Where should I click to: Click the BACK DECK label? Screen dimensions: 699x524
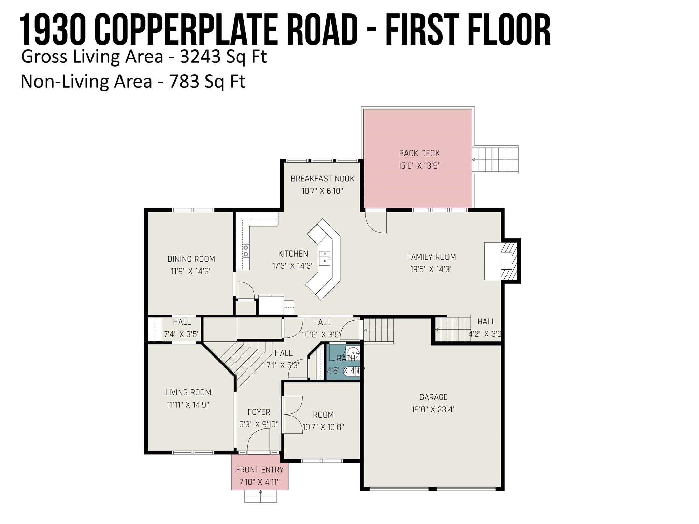419,154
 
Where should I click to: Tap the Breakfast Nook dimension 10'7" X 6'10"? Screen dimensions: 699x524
322,191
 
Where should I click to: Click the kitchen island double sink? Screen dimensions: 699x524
325,258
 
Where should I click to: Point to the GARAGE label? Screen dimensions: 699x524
433,397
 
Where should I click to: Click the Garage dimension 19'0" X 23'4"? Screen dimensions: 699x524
433,409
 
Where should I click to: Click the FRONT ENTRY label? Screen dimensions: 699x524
260,470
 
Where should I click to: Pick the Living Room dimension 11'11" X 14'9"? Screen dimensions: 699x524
188,405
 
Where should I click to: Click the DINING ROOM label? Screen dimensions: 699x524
191,259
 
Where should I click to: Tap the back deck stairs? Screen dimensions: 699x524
495,160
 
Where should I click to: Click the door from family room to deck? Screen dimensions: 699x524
376,222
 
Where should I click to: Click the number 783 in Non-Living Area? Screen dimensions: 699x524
184,82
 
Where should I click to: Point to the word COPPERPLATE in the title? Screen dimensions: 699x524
186,30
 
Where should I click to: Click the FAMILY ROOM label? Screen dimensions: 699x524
431,257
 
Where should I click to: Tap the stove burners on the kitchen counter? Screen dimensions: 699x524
246,251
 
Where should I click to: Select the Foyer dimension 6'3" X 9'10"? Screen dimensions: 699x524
259,424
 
